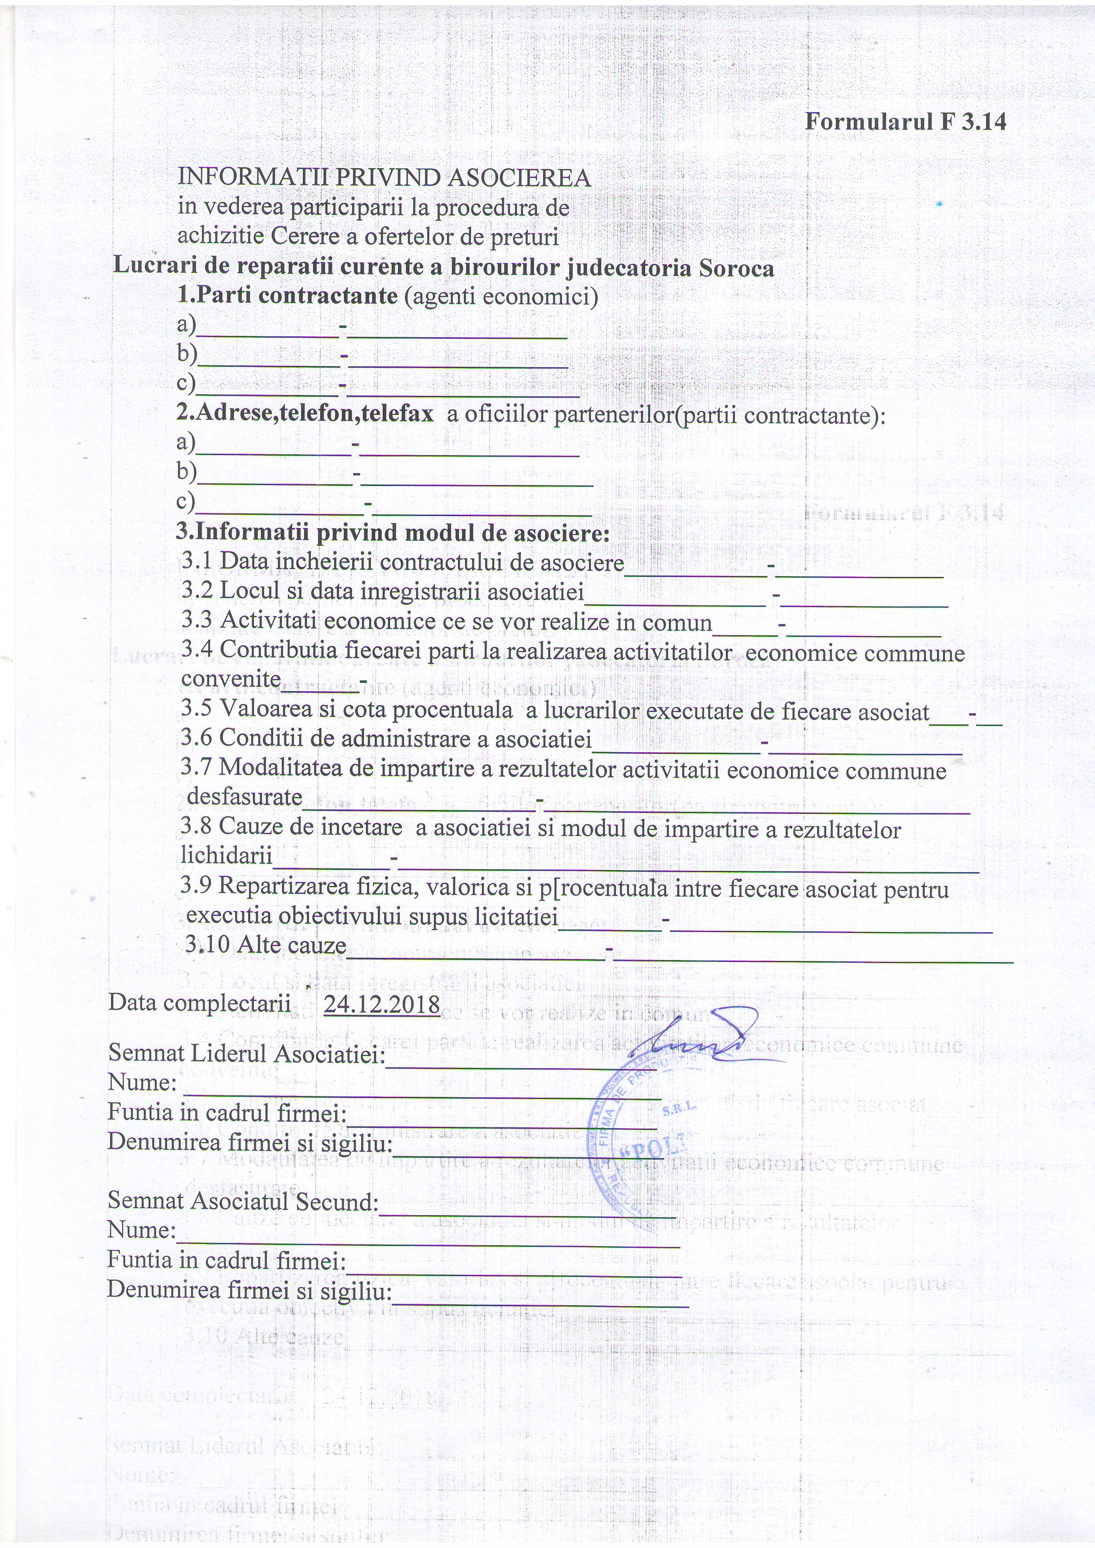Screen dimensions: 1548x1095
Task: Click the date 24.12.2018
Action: coord(381,1004)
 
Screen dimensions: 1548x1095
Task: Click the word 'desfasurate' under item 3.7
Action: coord(244,797)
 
